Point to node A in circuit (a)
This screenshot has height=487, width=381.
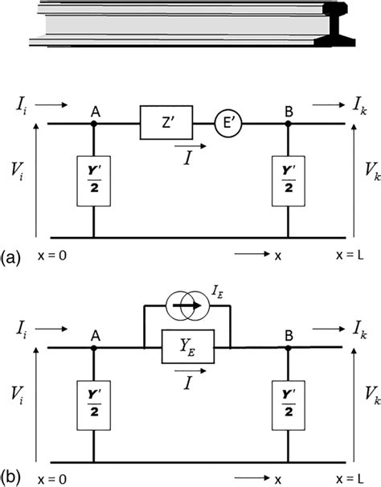(94, 125)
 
